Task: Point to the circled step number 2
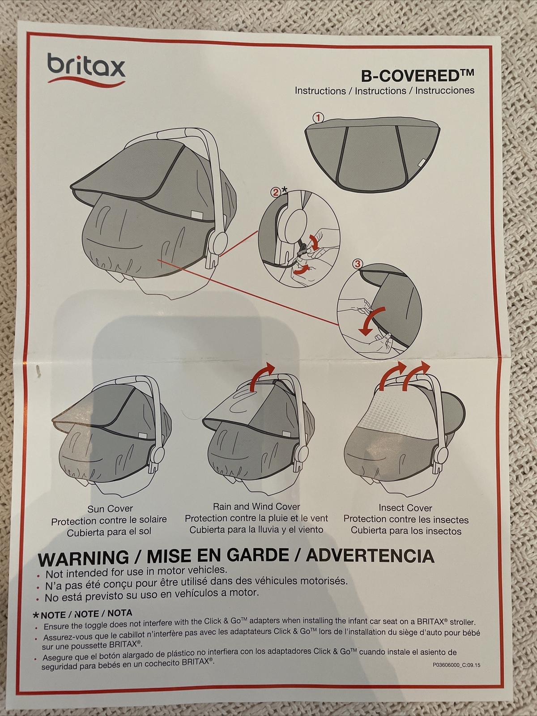tap(276, 192)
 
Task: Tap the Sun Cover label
tap(110, 509)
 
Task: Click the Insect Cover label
tap(405, 508)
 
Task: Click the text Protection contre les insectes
tap(406, 520)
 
